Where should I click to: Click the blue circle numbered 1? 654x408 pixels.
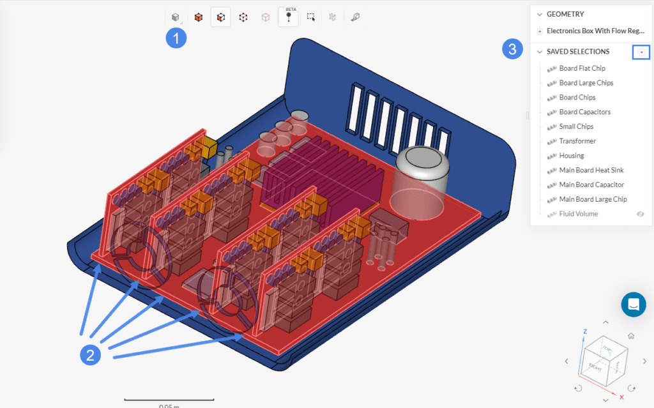click(176, 38)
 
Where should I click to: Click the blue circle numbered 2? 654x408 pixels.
click(90, 355)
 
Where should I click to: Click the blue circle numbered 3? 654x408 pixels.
click(513, 49)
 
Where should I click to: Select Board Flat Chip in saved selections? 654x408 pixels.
click(582, 68)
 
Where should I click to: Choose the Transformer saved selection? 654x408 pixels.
click(577, 141)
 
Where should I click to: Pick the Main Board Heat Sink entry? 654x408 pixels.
click(591, 170)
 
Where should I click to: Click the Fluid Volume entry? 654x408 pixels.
click(579, 214)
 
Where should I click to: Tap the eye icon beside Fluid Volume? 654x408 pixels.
click(641, 214)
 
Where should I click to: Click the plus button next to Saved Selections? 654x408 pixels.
click(641, 52)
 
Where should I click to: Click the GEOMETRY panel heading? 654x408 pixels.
click(565, 14)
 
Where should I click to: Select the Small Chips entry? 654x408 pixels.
click(576, 126)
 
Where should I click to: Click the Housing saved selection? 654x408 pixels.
click(572, 156)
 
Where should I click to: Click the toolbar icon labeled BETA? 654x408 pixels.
click(288, 17)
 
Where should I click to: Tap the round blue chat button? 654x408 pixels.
click(634, 305)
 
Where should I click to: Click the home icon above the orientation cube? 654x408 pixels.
click(631, 336)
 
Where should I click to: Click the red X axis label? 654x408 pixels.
click(621, 397)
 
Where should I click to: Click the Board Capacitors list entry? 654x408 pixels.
click(584, 112)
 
